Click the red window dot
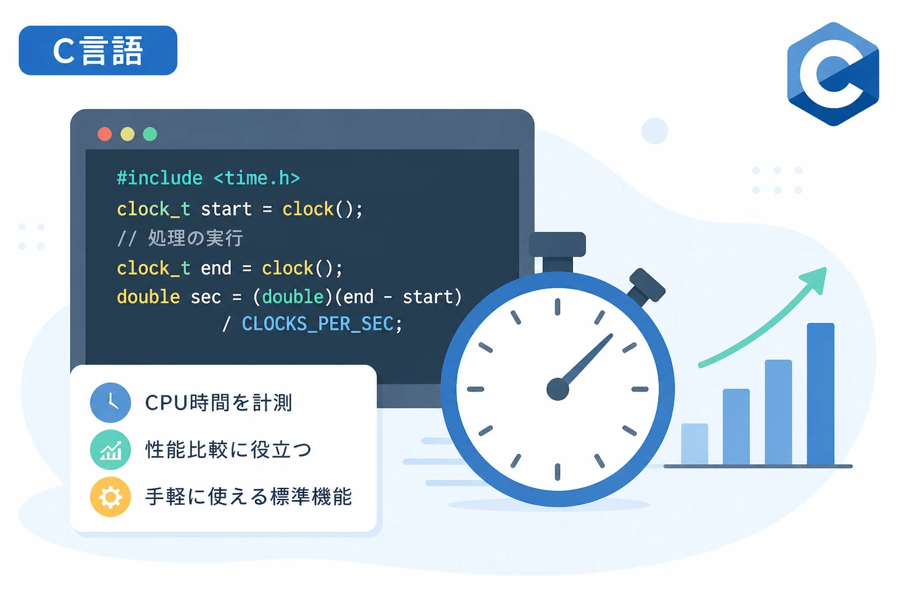coord(105,134)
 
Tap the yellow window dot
coord(127,134)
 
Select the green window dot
coord(150,134)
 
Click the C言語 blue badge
coord(98,50)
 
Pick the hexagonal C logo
coord(833,74)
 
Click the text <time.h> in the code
coord(257,178)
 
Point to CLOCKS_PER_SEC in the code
coord(317,323)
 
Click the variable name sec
coord(206,297)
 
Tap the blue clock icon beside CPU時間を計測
coord(110,402)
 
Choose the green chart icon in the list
coord(110,449)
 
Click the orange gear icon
coord(110,497)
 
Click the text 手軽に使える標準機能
coord(248,497)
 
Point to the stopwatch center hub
coord(558,389)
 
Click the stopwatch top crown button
coord(557,245)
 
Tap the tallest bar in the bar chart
coord(821,394)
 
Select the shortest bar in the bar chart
coord(695,444)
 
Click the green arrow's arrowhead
coord(814,280)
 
